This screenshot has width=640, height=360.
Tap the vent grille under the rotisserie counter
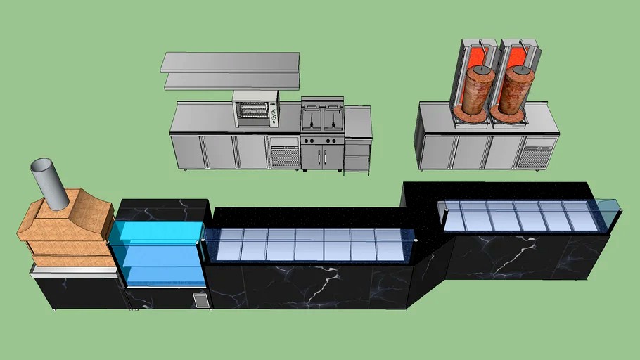click(283, 156)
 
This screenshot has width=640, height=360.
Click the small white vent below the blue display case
click(200, 301)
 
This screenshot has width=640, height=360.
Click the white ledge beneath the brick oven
click(73, 262)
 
